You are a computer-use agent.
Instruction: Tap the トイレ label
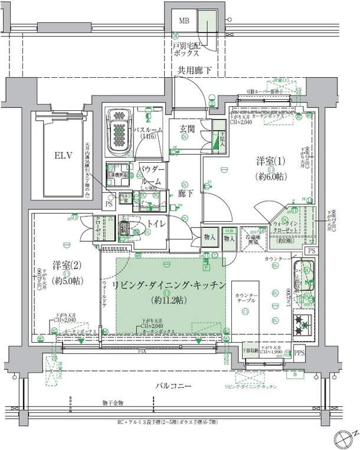[x=155, y=224]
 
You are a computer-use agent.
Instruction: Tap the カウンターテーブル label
[x=245, y=297]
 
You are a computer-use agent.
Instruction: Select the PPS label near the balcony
[x=300, y=354]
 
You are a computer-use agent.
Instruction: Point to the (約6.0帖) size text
[x=270, y=176]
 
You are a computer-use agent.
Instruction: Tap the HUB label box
[x=230, y=231]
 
